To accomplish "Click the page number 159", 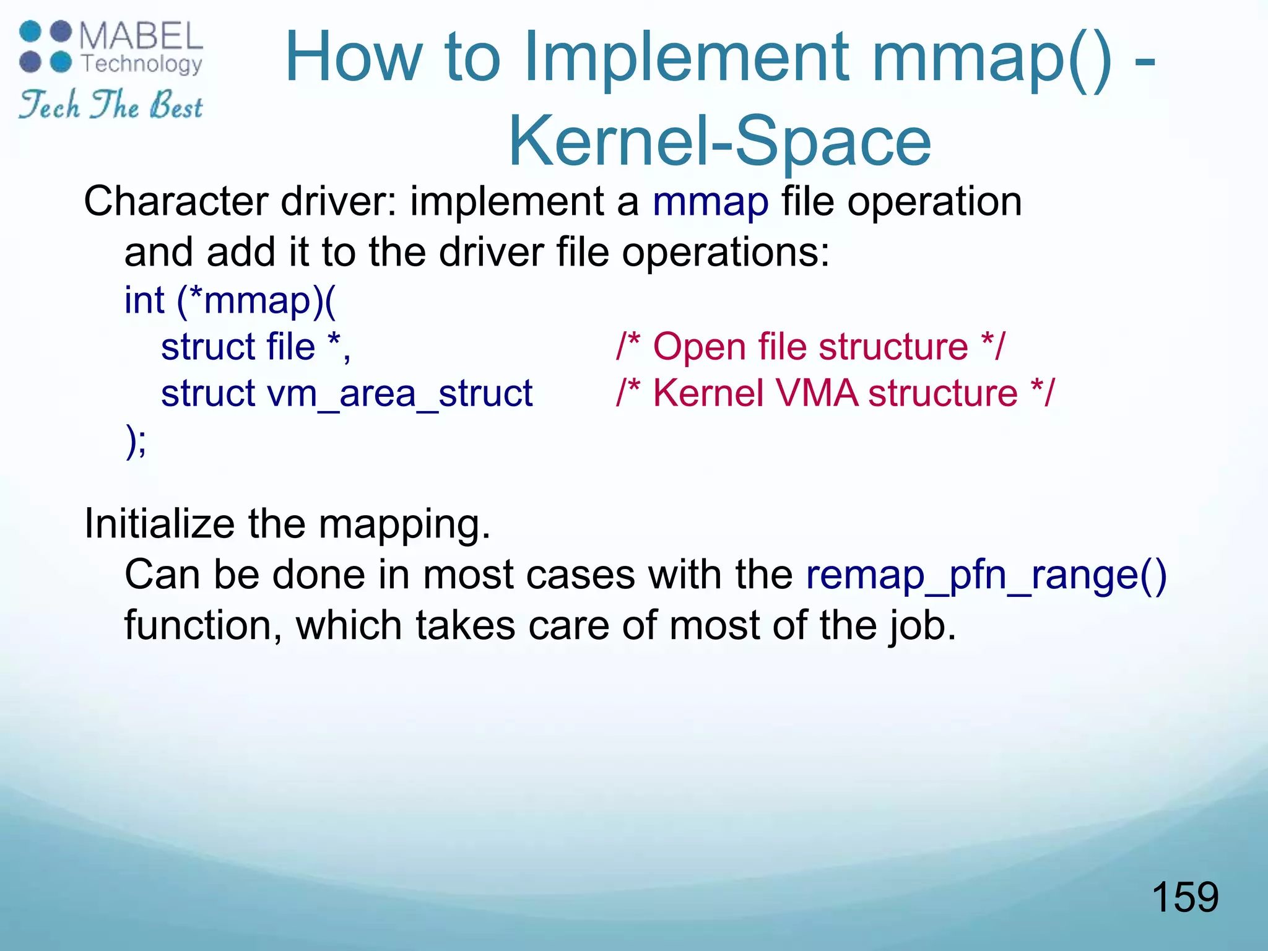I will pos(1184,897).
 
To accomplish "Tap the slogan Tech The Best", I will pos(110,105).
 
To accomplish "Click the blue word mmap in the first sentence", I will pos(710,201).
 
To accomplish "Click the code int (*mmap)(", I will pos(230,300).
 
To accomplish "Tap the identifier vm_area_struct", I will pos(399,393).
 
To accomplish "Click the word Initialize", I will pos(159,524).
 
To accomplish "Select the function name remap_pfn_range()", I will pos(986,575).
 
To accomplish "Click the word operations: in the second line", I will pos(725,252).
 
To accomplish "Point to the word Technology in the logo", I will pos(142,63).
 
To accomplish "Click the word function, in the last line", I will pos(203,625).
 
